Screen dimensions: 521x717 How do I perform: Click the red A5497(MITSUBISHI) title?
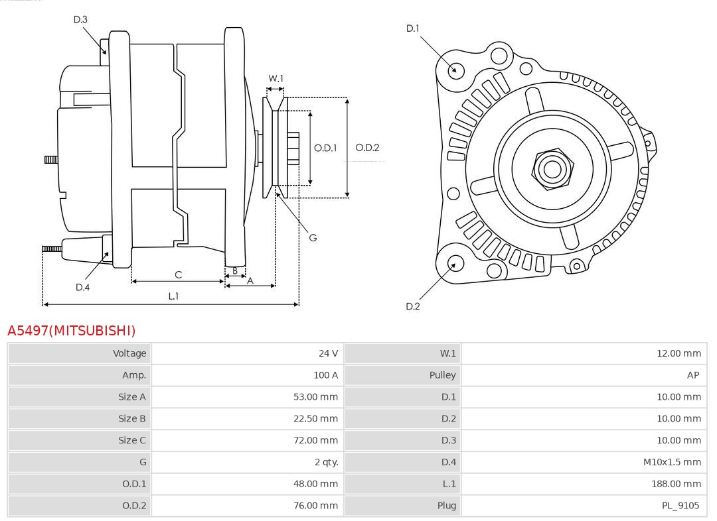click(x=71, y=330)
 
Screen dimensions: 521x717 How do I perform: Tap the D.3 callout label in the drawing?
click(x=80, y=20)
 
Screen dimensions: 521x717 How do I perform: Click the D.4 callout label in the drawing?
click(x=82, y=287)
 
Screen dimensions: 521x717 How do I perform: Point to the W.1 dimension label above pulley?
click(x=276, y=78)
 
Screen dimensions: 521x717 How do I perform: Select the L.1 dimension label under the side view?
click(x=173, y=296)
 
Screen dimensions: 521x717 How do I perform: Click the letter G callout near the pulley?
click(x=313, y=237)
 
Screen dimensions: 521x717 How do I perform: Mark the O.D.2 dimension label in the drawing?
click(x=367, y=148)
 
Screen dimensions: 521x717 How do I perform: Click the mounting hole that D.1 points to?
click(x=455, y=70)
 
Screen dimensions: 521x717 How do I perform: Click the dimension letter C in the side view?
click(x=178, y=274)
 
